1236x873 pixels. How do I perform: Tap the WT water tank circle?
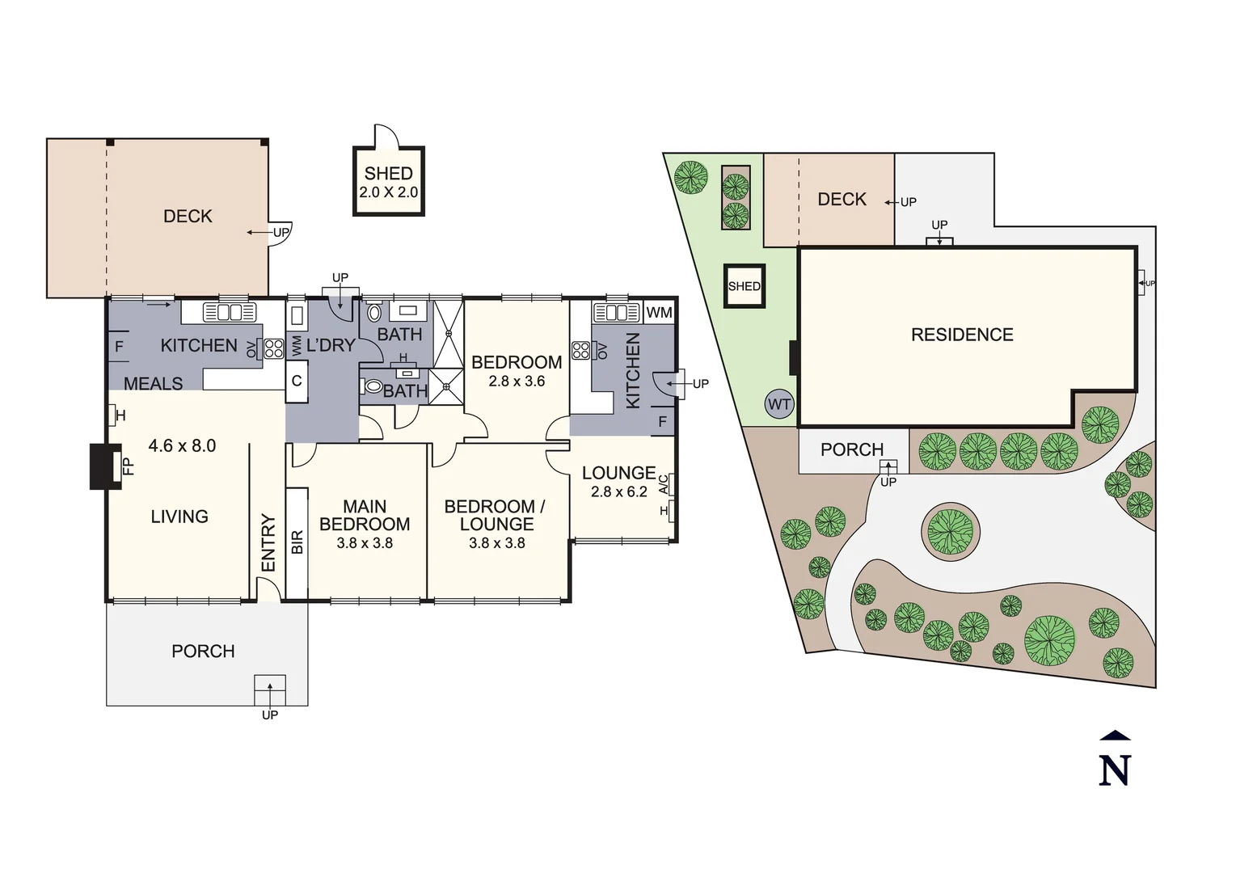click(x=779, y=405)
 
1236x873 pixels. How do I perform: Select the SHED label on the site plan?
click(x=744, y=286)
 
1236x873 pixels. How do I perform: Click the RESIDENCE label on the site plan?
click(x=961, y=335)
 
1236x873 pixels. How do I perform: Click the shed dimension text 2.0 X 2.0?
click(x=389, y=192)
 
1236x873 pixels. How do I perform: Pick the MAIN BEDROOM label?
click(x=365, y=515)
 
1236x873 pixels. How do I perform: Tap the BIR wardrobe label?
click(x=297, y=542)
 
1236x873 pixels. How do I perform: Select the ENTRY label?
click(x=268, y=542)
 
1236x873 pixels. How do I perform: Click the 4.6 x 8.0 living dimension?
click(x=182, y=445)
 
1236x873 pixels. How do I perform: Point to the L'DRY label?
click(x=331, y=345)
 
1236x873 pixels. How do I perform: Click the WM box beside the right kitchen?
click(x=659, y=312)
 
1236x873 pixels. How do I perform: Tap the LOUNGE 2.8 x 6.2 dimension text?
click(x=618, y=491)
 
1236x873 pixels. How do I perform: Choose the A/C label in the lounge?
click(x=664, y=484)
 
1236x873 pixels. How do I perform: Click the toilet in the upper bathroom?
click(x=374, y=312)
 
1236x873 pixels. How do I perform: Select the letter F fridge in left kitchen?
click(x=119, y=347)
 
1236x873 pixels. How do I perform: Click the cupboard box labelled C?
click(x=297, y=381)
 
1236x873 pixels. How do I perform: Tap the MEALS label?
click(x=153, y=383)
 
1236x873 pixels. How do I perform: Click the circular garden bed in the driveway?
click(x=951, y=532)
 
